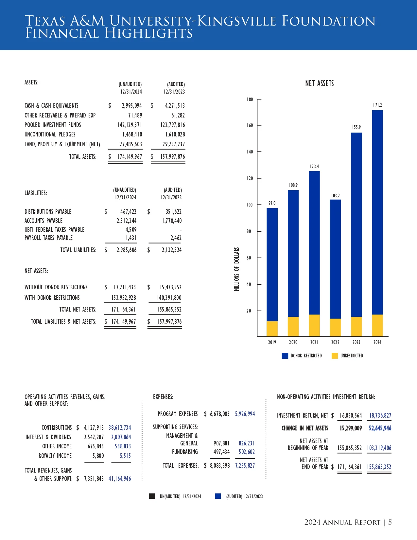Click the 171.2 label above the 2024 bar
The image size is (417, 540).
[x=377, y=105]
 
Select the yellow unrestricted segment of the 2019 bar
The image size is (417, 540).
[x=272, y=329]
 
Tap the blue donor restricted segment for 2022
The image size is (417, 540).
[x=335, y=259]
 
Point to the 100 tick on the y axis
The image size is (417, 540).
[x=250, y=205]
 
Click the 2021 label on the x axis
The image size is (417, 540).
[x=314, y=342]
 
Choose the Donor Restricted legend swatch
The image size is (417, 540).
[x=285, y=356]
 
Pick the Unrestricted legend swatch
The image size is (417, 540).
[x=335, y=356]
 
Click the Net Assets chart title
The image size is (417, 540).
[x=319, y=83]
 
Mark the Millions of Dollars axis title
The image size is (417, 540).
[x=237, y=269]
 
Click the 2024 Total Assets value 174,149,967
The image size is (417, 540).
[x=130, y=157]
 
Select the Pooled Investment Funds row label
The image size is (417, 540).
[x=53, y=125]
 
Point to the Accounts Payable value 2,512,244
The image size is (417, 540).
[x=126, y=221]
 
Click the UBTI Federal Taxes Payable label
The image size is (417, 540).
[x=54, y=230]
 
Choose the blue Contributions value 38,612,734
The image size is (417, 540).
[x=120, y=428]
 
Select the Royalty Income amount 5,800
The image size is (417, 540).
[x=98, y=456]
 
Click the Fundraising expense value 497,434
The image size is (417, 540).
[x=221, y=452]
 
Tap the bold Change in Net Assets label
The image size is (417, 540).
[x=304, y=428]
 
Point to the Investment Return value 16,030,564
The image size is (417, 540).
[x=351, y=416]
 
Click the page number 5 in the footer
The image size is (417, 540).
[x=390, y=522]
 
